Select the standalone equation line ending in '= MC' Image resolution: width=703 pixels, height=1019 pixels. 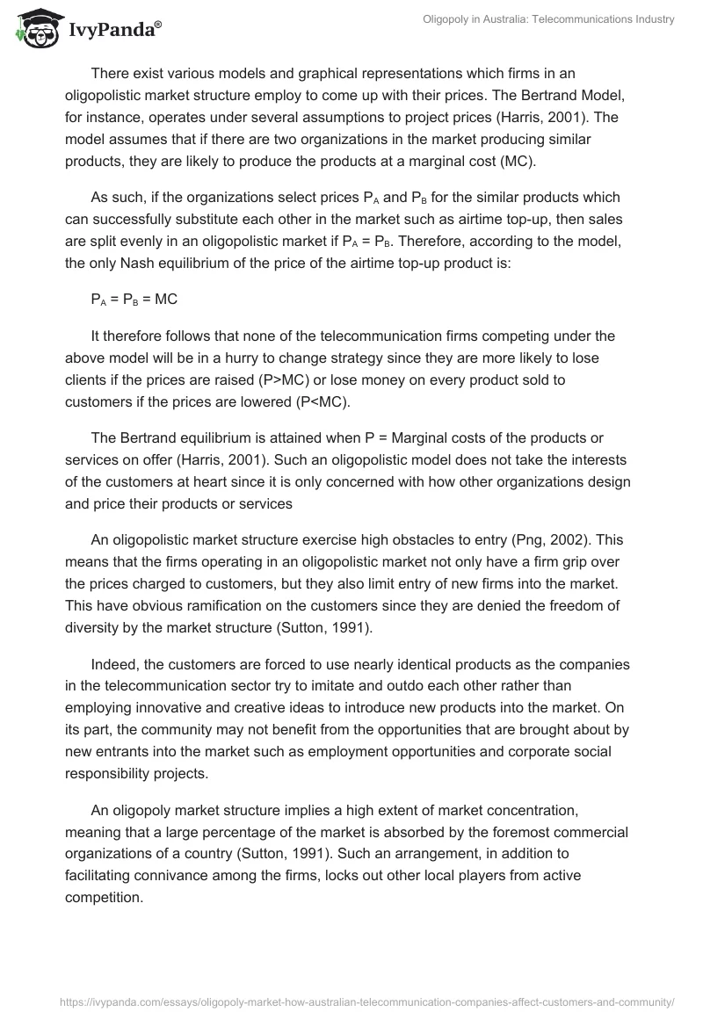[x=134, y=300]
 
